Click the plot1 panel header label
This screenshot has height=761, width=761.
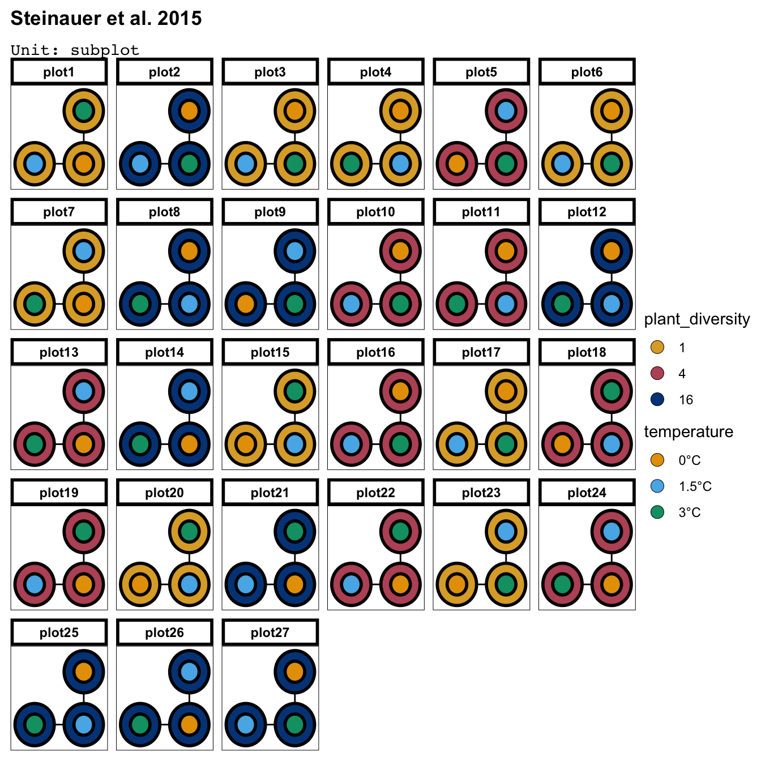click(x=59, y=72)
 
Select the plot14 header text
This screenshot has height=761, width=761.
click(x=164, y=352)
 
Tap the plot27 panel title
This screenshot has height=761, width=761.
click(x=270, y=632)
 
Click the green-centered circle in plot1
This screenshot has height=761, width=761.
click(x=84, y=110)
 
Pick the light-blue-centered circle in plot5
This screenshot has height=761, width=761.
click(x=506, y=110)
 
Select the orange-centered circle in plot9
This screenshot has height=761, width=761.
click(x=246, y=304)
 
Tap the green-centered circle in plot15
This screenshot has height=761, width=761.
click(x=295, y=391)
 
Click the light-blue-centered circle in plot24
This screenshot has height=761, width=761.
click(x=612, y=531)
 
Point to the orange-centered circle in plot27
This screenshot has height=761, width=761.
click(x=295, y=672)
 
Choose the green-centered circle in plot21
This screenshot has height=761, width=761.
click(x=295, y=531)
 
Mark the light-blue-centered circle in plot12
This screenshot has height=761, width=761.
click(x=612, y=304)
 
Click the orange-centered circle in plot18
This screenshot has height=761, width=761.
click(x=562, y=444)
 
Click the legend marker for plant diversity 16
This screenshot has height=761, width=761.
click(x=657, y=399)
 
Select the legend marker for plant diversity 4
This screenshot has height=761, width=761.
click(x=657, y=373)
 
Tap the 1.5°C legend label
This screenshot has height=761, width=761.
click(x=695, y=486)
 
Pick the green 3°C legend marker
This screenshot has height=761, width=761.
click(x=657, y=512)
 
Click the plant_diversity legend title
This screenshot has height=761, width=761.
click(x=696, y=319)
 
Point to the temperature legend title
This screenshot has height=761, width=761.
click(x=688, y=432)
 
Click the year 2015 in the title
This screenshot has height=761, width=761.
click(x=179, y=19)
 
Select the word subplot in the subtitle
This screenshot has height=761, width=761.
click(x=105, y=50)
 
